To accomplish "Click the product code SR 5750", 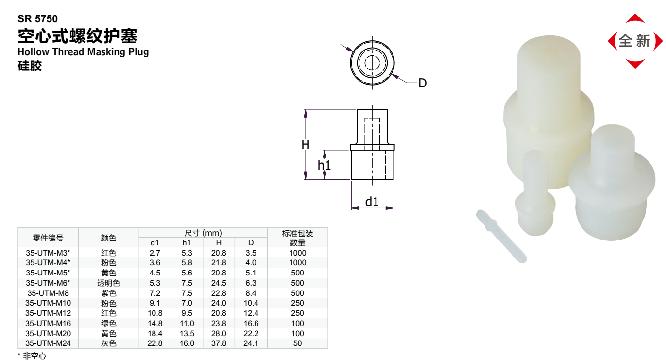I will pos(37,19).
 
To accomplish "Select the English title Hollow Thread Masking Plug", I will pos(83,51).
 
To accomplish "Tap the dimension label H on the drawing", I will pos(306,145).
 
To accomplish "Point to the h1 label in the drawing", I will pos(324,165).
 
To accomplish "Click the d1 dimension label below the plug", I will pos(372,201).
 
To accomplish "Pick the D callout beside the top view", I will pos(422,83).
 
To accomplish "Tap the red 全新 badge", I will pos(635,41).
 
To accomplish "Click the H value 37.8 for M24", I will pos(219,343).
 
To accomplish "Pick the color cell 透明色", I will pos(108,283).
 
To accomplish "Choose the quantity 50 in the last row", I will pos(297,343).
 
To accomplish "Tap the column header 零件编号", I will pos(48,238).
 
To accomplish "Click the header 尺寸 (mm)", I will pos(203,233).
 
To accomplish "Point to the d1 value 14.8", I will pos(154,323).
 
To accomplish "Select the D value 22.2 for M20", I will pos(251,333).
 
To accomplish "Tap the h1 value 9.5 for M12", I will pos(187,313).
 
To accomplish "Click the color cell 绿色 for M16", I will pos(108,323).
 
